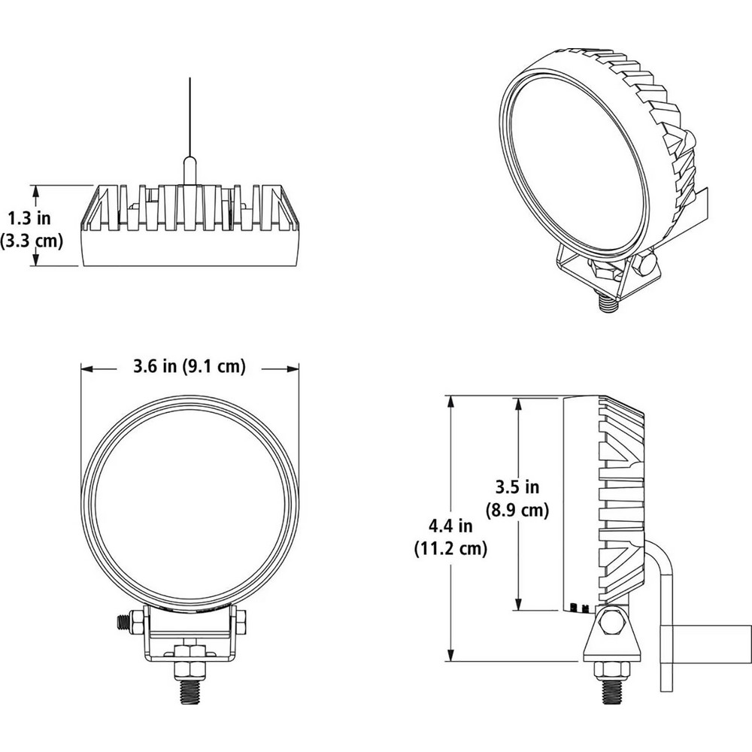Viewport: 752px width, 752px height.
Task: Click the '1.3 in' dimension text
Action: pos(29,219)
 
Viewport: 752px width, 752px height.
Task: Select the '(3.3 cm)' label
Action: pos(30,241)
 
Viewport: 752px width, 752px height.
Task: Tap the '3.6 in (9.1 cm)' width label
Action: pos(190,367)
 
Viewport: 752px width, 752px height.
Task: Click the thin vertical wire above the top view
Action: pos(190,113)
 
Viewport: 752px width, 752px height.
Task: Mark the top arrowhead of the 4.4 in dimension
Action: pos(450,401)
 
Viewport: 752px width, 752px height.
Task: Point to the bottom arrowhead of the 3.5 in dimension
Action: pos(517,605)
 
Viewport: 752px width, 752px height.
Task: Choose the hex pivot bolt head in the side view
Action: pos(612,622)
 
